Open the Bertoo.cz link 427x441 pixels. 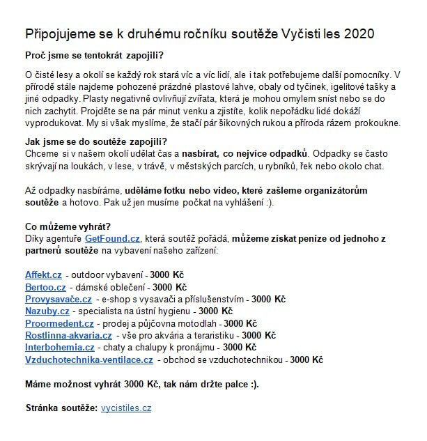[45, 286]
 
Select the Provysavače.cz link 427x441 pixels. [59, 299]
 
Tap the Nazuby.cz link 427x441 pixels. [46, 311]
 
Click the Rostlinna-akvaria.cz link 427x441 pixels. [68, 335]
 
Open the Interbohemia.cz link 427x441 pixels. [60, 347]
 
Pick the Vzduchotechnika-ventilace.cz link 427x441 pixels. [89, 359]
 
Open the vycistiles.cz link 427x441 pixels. [126, 408]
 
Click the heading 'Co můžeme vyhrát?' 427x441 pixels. [67, 226]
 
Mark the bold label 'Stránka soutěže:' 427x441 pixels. [61, 408]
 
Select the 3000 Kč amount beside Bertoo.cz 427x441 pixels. [170, 286]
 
